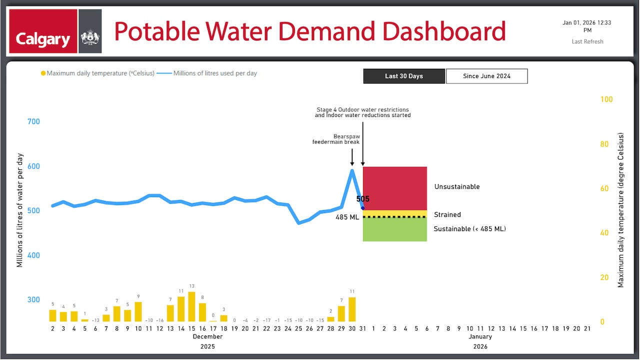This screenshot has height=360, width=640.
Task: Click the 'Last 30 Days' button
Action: pyautogui.click(x=404, y=76)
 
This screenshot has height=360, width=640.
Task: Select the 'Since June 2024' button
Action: pyautogui.click(x=486, y=76)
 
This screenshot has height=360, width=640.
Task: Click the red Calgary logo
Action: pyautogui.click(x=43, y=31)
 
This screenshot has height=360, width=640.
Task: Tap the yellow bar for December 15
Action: pyautogui.click(x=191, y=306)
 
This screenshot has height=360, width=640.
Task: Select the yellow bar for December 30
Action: pyautogui.click(x=352, y=309)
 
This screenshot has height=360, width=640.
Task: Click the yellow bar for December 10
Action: pyautogui.click(x=138, y=311)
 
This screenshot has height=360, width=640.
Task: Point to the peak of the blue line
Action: pyautogui.click(x=352, y=170)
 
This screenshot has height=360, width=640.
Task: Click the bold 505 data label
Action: pyautogui.click(x=363, y=199)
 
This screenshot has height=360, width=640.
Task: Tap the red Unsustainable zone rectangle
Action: pyautogui.click(x=394, y=188)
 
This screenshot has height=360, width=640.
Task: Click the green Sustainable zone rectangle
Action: pyautogui.click(x=394, y=230)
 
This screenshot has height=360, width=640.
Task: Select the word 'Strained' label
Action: pyautogui.click(x=447, y=214)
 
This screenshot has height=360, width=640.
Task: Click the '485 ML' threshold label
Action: pyautogui.click(x=347, y=217)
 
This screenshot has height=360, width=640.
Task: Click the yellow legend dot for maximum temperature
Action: pyautogui.click(x=43, y=73)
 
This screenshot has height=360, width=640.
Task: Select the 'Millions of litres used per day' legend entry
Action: pyautogui.click(x=215, y=73)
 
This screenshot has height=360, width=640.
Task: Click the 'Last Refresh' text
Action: pyautogui.click(x=587, y=41)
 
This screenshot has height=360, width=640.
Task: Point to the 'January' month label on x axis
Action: pyautogui.click(x=480, y=336)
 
